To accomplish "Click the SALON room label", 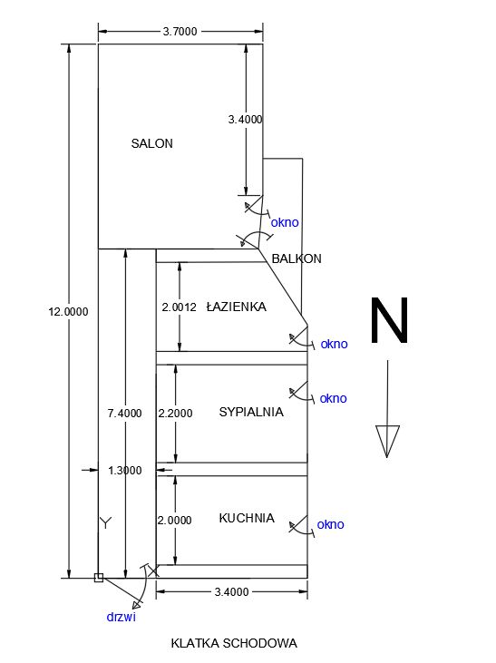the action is click(151, 144).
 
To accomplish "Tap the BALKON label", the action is click(297, 258).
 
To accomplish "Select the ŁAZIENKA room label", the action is click(237, 307).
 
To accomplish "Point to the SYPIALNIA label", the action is click(251, 412).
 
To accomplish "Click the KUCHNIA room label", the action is click(247, 518).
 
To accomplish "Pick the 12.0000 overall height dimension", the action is click(68, 312).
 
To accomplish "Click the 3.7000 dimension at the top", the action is click(180, 32).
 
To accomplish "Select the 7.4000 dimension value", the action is click(124, 413).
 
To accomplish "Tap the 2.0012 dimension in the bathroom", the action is click(179, 307).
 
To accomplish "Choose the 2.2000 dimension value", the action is click(175, 413).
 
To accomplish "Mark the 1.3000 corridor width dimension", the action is click(125, 470).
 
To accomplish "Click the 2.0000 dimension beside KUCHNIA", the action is click(174, 520).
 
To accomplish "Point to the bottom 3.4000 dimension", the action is click(232, 592).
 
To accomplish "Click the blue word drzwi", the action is click(121, 617).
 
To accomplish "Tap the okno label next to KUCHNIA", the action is click(330, 524).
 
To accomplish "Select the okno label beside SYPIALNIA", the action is click(333, 398).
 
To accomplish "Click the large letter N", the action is click(389, 320).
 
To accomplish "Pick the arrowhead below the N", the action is click(387, 441).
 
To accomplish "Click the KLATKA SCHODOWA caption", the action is click(234, 644).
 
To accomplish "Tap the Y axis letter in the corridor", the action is click(106, 523).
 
